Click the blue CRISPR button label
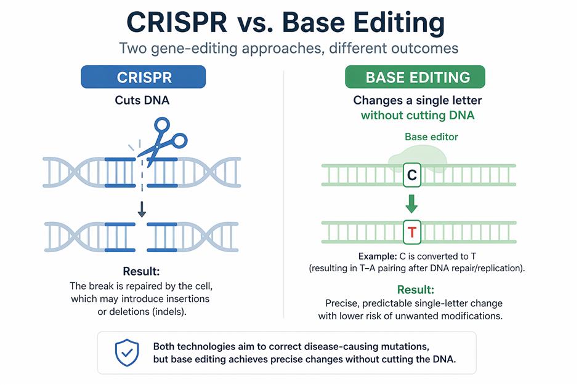(x=144, y=77)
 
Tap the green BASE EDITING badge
(x=418, y=77)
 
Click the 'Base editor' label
(x=431, y=137)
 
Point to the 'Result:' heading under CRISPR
(x=142, y=271)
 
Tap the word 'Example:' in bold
(x=378, y=256)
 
